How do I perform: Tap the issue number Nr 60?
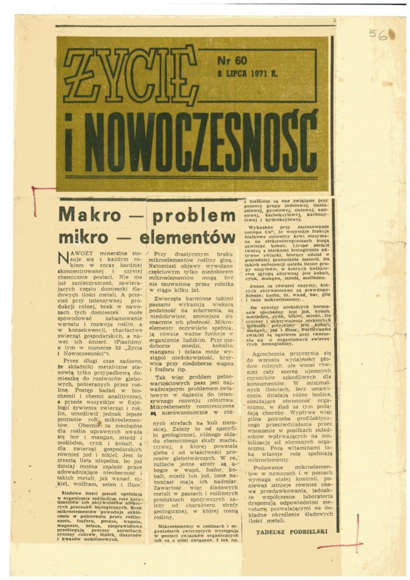click(232, 61)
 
